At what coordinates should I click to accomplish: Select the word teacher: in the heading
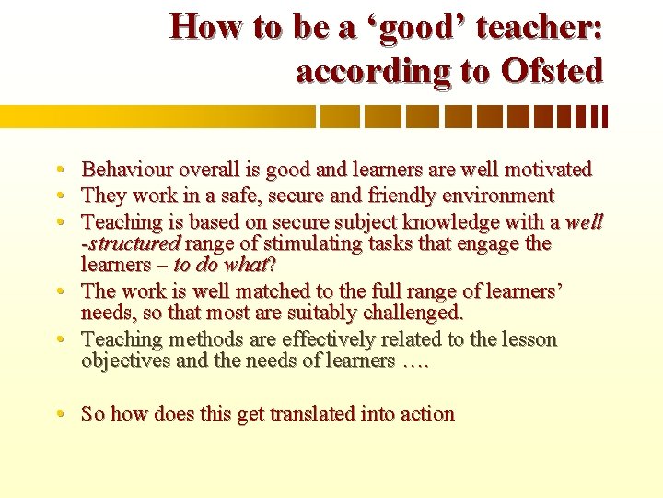click(550, 27)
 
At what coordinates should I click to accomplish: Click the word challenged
click(410, 314)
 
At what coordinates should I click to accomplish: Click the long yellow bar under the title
click(157, 116)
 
